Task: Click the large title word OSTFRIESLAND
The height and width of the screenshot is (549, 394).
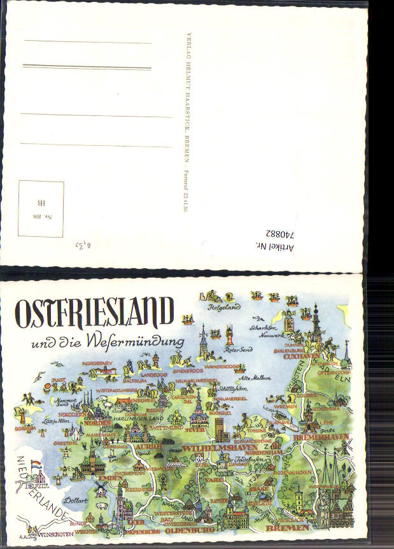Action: coord(94,313)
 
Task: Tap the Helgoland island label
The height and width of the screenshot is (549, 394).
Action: coord(223,307)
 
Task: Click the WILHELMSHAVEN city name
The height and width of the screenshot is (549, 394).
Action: coord(220,448)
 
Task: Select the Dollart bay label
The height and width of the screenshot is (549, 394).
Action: coord(76,501)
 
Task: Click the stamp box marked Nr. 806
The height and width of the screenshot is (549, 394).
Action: coord(41,208)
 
